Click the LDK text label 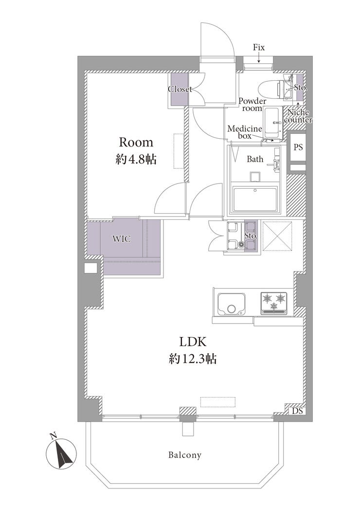[x=193, y=342]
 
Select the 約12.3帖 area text [x=193, y=358]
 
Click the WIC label [x=122, y=239]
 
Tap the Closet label [x=180, y=89]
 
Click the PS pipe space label [x=298, y=147]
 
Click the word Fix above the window [x=259, y=48]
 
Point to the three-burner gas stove [x=274, y=303]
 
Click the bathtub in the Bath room [x=255, y=199]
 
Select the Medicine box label [x=244, y=132]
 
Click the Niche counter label [x=299, y=116]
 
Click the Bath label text [x=255, y=159]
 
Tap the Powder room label [x=252, y=105]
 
